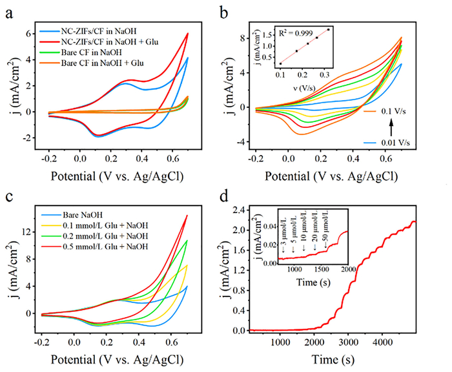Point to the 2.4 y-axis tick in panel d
click(x=244, y=210)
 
